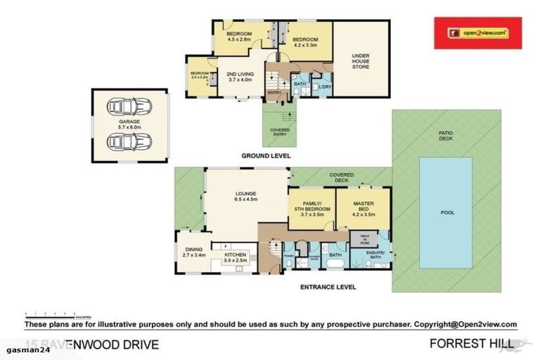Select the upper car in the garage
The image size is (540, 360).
(130, 107)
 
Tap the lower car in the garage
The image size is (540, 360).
(130, 141)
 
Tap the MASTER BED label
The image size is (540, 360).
(363, 207)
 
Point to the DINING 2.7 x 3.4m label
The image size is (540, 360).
(189, 252)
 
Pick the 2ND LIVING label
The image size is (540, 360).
(240, 77)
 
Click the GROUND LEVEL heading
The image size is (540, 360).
(266, 155)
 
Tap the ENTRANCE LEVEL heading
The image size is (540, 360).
(327, 287)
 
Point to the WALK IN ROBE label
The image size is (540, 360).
(364, 239)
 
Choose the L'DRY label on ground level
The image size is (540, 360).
(325, 87)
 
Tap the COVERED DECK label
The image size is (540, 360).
(342, 177)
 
